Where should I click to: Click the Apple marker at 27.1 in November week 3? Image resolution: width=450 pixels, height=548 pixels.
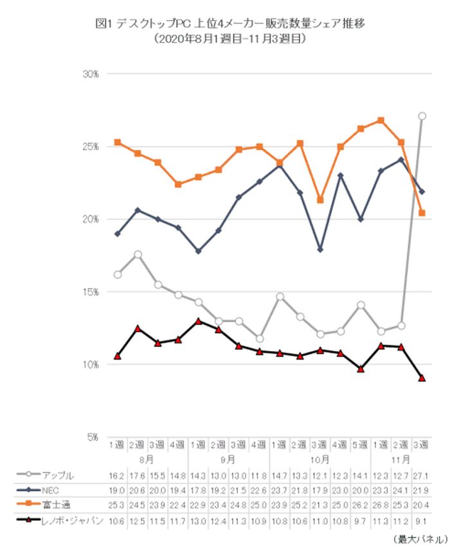click(x=422, y=116)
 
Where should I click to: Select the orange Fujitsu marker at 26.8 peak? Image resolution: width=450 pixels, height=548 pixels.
click(x=381, y=120)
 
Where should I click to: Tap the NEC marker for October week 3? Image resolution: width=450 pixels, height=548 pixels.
click(x=320, y=249)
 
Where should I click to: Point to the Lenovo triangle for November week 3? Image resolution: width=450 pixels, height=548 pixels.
click(x=422, y=378)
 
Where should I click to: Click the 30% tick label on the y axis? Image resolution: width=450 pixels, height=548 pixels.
click(x=91, y=74)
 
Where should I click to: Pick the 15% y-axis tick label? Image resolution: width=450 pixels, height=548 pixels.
click(x=91, y=292)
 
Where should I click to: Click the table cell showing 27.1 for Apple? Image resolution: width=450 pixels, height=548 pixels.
click(x=422, y=475)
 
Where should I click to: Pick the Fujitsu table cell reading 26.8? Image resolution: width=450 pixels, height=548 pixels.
click(x=381, y=502)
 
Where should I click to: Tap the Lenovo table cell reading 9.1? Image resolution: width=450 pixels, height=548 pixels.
click(x=422, y=516)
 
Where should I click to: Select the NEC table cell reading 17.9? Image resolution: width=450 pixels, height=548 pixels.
click(x=320, y=489)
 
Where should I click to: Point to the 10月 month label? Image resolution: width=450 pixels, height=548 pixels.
click(x=320, y=460)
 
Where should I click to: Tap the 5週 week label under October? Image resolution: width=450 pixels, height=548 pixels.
click(x=361, y=445)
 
